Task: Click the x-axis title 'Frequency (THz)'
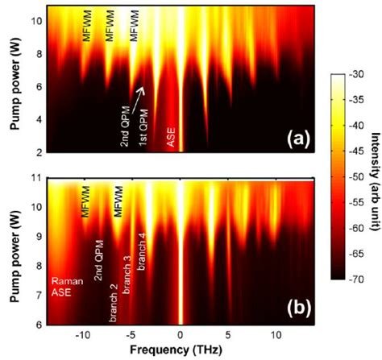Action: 179,351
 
